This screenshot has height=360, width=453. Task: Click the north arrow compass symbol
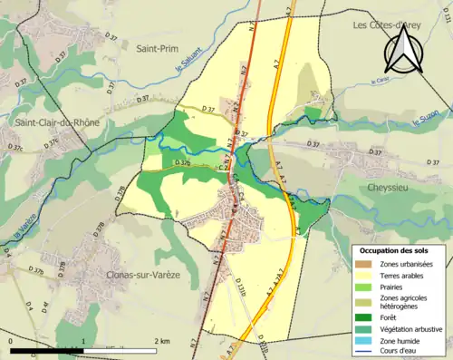(403, 50)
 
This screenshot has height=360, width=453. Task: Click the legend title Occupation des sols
(395, 249)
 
